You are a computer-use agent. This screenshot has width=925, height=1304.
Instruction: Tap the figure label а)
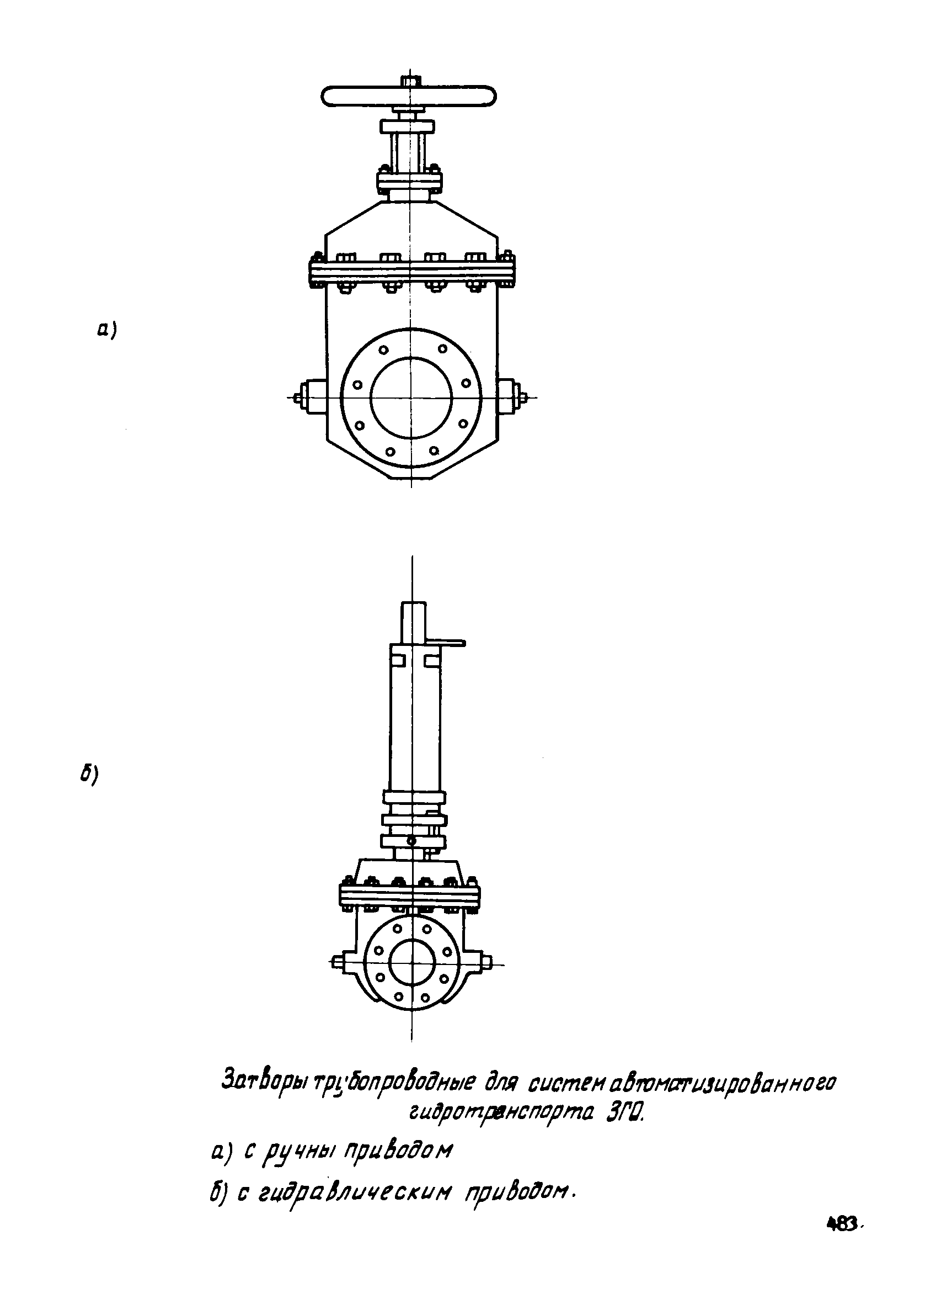pyautogui.click(x=106, y=330)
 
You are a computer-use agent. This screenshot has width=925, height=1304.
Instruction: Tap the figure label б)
pyautogui.click(x=90, y=774)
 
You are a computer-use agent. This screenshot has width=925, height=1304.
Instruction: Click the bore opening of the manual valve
pyautogui.click(x=411, y=397)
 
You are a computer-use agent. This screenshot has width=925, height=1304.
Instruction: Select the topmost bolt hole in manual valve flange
pyautogui.click(x=383, y=349)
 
